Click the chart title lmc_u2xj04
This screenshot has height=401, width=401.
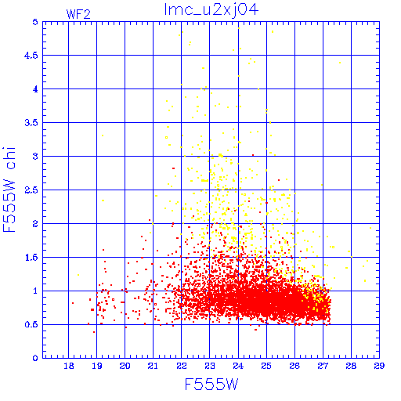pos(211,9)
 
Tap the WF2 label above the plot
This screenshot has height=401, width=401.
pos(78,14)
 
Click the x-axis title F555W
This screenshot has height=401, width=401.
pos(211,385)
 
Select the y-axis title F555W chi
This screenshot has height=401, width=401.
pos(9,190)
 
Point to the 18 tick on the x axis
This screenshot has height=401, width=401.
pos(69,366)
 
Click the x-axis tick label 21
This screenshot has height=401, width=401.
pos(153,366)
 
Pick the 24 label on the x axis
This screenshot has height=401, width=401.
pos(238,366)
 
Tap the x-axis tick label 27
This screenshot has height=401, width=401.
pos(323,366)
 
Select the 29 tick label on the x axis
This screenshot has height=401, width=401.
pos(379,366)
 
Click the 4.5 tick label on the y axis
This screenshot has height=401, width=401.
pos(31,56)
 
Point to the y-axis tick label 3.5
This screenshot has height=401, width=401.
pos(31,123)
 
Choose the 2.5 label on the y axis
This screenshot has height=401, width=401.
pos(31,190)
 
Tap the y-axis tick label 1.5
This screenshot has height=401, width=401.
pos(31,258)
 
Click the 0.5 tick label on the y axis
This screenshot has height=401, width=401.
pos(31,325)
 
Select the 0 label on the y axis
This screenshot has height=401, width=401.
pos(35,358)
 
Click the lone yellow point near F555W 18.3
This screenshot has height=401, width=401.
pos(78,275)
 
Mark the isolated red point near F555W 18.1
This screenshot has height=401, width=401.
pos(73,303)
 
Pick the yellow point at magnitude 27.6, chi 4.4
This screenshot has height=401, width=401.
pos(340,63)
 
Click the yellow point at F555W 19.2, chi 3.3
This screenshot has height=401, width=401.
pos(103,135)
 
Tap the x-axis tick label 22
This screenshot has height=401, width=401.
pos(182,366)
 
